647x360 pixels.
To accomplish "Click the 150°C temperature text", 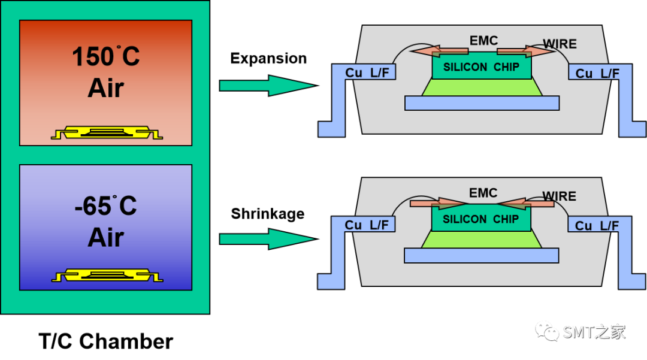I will point(105,57).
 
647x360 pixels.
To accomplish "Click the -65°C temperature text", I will point(105,207).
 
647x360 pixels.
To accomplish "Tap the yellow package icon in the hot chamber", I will point(107,132).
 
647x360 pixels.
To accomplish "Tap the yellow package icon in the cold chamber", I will point(107,276).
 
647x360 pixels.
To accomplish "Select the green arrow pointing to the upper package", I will point(267,86).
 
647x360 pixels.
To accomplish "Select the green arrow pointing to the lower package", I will point(267,239).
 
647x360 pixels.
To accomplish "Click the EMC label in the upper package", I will point(483,41).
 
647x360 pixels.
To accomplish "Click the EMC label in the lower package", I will point(483,193).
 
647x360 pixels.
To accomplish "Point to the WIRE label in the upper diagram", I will point(560,44).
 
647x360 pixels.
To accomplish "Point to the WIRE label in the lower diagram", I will point(560,196).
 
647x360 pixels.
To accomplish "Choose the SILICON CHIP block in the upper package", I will point(481,68).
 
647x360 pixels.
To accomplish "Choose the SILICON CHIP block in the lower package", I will point(481,220).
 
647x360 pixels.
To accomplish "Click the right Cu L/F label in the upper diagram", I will point(597,74).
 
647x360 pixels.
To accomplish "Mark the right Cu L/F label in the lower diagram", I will point(597,226).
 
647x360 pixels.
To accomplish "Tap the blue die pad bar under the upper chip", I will point(482,103).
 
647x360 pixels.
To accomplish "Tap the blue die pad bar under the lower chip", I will point(482,256).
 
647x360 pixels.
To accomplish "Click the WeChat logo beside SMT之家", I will point(548,330).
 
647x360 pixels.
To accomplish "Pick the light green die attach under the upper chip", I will point(482,87).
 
